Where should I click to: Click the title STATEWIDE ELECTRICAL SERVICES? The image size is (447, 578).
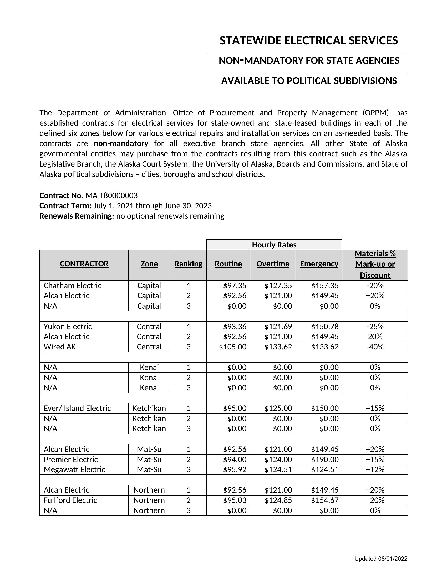tap(308, 41)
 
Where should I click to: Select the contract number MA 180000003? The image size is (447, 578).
tap(111, 195)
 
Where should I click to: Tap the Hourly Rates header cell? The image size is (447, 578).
tap(274, 245)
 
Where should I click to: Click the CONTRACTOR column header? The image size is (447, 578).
tap(84, 264)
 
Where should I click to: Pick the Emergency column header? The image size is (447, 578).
tap(319, 264)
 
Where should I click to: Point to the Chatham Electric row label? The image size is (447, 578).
tap(73, 286)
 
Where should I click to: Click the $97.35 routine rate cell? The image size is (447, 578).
tap(235, 286)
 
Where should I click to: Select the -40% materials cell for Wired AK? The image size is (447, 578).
tap(375, 347)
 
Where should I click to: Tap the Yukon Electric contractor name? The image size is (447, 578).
tap(68, 327)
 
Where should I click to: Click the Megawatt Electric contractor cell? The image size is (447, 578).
tap(74, 469)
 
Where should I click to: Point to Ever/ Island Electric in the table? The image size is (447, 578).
tap(77, 408)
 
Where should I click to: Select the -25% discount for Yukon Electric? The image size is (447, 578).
tap(375, 327)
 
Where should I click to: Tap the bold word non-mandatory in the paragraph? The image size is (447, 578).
tap(121, 143)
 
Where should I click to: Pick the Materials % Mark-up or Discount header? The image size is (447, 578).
tap(375, 264)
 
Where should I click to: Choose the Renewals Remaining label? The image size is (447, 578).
tap(77, 216)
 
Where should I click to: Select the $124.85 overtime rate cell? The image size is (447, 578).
tap(278, 500)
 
